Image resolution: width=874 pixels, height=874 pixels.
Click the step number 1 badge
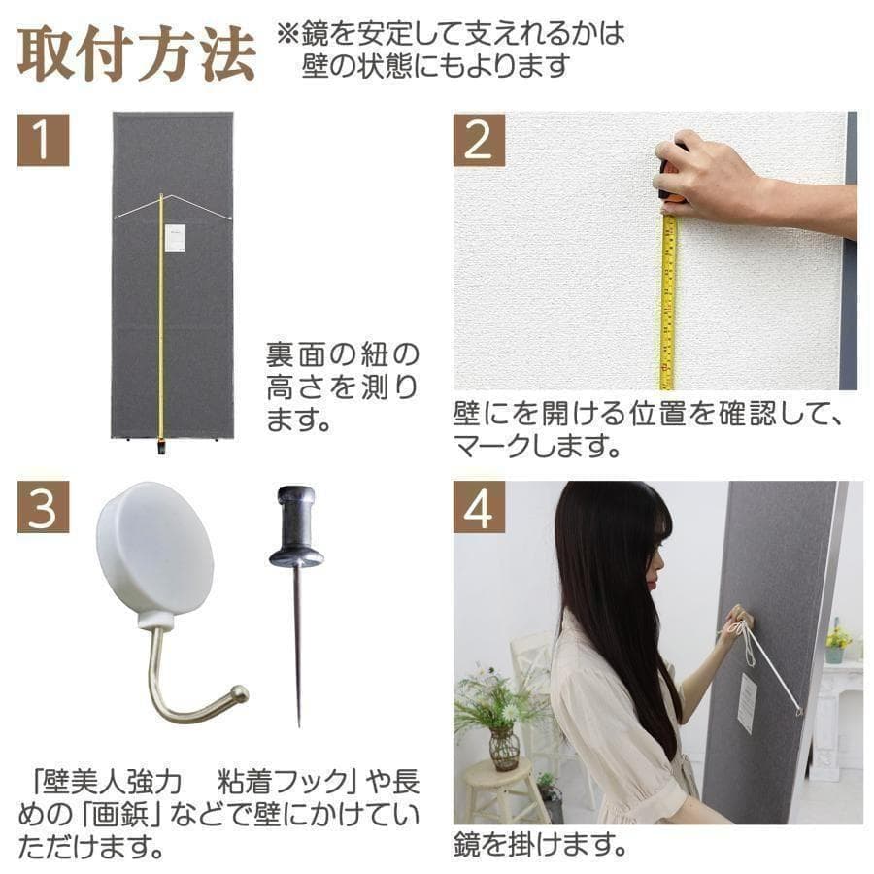point(43,140)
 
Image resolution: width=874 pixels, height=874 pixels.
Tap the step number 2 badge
point(479,140)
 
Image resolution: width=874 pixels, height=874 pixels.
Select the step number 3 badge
point(43,507)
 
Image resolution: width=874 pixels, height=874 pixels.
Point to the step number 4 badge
point(479,507)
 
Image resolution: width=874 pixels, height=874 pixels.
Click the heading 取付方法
point(137,55)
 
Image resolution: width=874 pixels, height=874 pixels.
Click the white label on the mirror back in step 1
point(176,239)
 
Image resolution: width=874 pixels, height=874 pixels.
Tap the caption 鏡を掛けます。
point(539,844)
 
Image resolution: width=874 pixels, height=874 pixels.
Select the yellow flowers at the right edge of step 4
point(837,636)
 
